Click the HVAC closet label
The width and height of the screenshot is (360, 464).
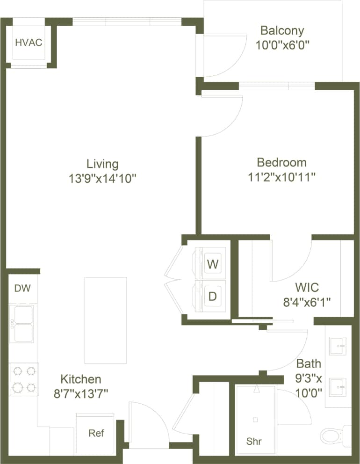pos(29,43)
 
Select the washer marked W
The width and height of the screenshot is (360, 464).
pos(213,264)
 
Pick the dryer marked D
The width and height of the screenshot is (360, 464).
pos(213,296)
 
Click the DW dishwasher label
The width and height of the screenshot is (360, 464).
pos(22,288)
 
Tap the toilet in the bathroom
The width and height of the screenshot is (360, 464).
pos(333,435)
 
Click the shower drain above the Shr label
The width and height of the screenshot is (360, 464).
pos(255,420)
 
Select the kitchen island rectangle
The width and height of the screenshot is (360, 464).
pos(105,320)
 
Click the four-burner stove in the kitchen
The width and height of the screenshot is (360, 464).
pos(24,379)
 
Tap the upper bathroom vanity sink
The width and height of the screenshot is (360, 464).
pos(338,346)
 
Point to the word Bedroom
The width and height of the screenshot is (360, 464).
pos(282,162)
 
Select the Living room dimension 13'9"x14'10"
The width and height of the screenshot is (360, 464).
pos(102,178)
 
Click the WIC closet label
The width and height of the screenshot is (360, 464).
pos(306,287)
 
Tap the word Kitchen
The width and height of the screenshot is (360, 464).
pos(81,379)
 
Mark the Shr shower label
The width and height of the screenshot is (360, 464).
pos(254,441)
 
